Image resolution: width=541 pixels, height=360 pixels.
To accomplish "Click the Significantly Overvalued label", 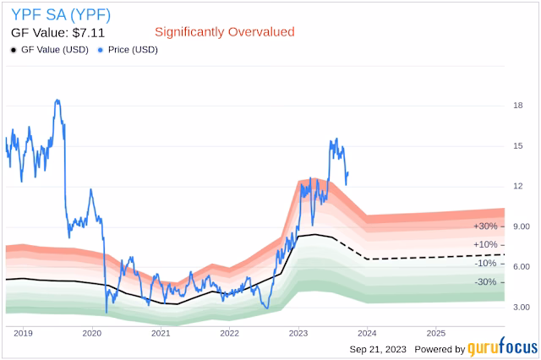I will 224,31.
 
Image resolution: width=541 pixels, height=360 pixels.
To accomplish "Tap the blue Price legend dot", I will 102,50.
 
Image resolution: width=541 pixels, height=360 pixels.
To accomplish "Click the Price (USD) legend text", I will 134,50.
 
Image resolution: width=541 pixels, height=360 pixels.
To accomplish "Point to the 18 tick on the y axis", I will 517,106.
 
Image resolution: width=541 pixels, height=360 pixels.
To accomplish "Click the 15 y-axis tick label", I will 517,146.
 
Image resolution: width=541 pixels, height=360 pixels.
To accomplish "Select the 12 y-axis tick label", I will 517,186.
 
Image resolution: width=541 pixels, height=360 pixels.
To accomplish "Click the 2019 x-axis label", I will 25,333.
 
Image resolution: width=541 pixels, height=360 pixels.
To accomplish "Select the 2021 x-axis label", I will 161,333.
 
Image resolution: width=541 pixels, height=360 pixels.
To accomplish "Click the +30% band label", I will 485,226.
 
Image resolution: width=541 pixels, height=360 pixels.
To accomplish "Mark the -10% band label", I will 485,263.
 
